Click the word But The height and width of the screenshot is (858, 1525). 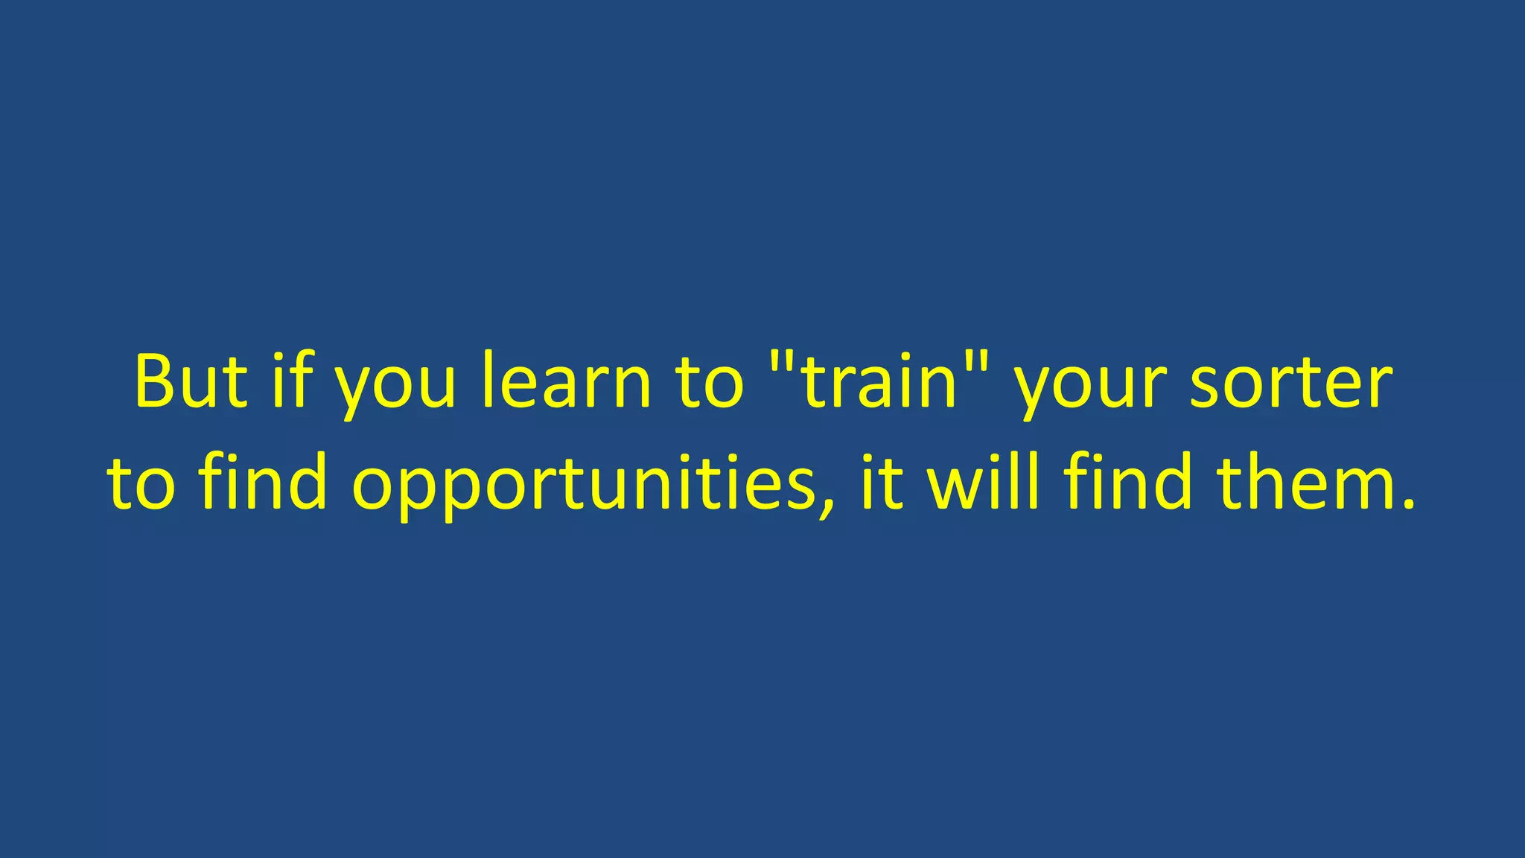click(191, 381)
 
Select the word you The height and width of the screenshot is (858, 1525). click(395, 387)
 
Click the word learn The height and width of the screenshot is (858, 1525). click(566, 381)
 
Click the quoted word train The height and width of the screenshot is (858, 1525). click(879, 381)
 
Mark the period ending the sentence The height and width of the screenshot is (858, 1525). click(1407, 506)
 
